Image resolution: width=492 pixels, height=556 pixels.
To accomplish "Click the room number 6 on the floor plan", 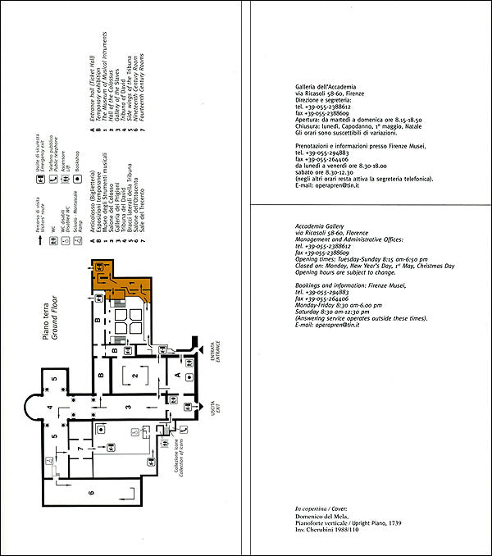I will pos(69,492).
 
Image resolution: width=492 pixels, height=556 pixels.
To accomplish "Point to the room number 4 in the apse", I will pos(49,408).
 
